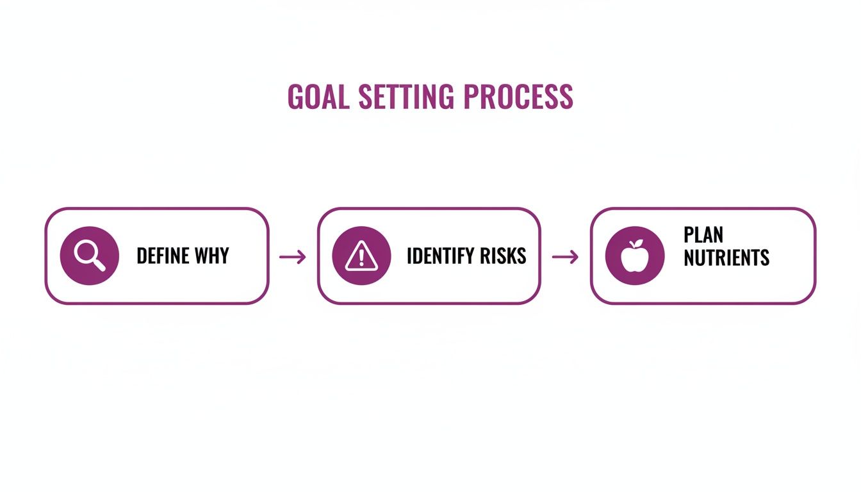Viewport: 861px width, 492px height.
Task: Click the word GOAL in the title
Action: (318, 97)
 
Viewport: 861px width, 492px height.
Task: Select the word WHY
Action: (213, 256)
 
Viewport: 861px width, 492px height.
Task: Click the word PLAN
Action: (703, 234)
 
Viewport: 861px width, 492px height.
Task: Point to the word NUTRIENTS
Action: (726, 258)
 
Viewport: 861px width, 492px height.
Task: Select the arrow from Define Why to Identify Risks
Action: (293, 257)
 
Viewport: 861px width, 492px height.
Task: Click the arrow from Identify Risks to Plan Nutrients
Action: (565, 257)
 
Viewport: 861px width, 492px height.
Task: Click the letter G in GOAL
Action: (296, 97)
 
